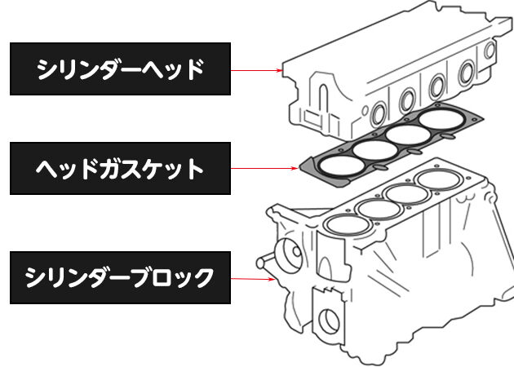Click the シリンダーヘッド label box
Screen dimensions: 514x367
point(120,69)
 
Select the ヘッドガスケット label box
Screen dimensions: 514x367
point(120,169)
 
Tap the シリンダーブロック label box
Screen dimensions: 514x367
point(120,277)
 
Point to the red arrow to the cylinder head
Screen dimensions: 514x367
point(257,70)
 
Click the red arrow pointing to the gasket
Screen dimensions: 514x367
point(264,169)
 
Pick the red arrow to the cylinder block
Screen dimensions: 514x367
point(253,279)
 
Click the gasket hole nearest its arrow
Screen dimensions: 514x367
point(341,165)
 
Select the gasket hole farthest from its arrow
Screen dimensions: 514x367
point(441,119)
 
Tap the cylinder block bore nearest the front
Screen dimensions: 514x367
point(347,225)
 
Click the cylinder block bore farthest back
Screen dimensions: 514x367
point(439,180)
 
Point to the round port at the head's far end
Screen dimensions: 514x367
point(490,51)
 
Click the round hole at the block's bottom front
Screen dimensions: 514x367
point(329,321)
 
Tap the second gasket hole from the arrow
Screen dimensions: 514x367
point(375,150)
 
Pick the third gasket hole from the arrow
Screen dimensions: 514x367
point(408,135)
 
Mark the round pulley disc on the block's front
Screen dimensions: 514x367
point(290,254)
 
